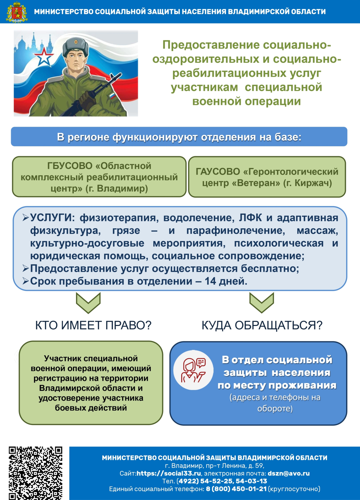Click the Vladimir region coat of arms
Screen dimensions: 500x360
click(16, 12)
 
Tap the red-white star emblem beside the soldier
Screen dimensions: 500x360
click(44, 57)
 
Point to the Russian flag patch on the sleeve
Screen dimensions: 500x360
click(112, 96)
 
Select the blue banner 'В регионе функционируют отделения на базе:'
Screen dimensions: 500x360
click(179, 137)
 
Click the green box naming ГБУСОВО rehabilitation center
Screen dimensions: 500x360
click(99, 177)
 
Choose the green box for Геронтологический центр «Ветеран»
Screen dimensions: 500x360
click(267, 177)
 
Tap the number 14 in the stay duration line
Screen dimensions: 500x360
click(211, 281)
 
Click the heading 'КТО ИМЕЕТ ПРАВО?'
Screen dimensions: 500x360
click(93, 325)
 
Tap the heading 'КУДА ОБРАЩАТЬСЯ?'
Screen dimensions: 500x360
click(262, 325)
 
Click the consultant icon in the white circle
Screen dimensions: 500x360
click(194, 370)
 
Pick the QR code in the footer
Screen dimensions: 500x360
click(35, 473)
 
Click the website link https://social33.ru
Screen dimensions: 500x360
click(168, 473)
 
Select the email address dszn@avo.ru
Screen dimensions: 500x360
click(289, 473)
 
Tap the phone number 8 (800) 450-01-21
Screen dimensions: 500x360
click(236, 489)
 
